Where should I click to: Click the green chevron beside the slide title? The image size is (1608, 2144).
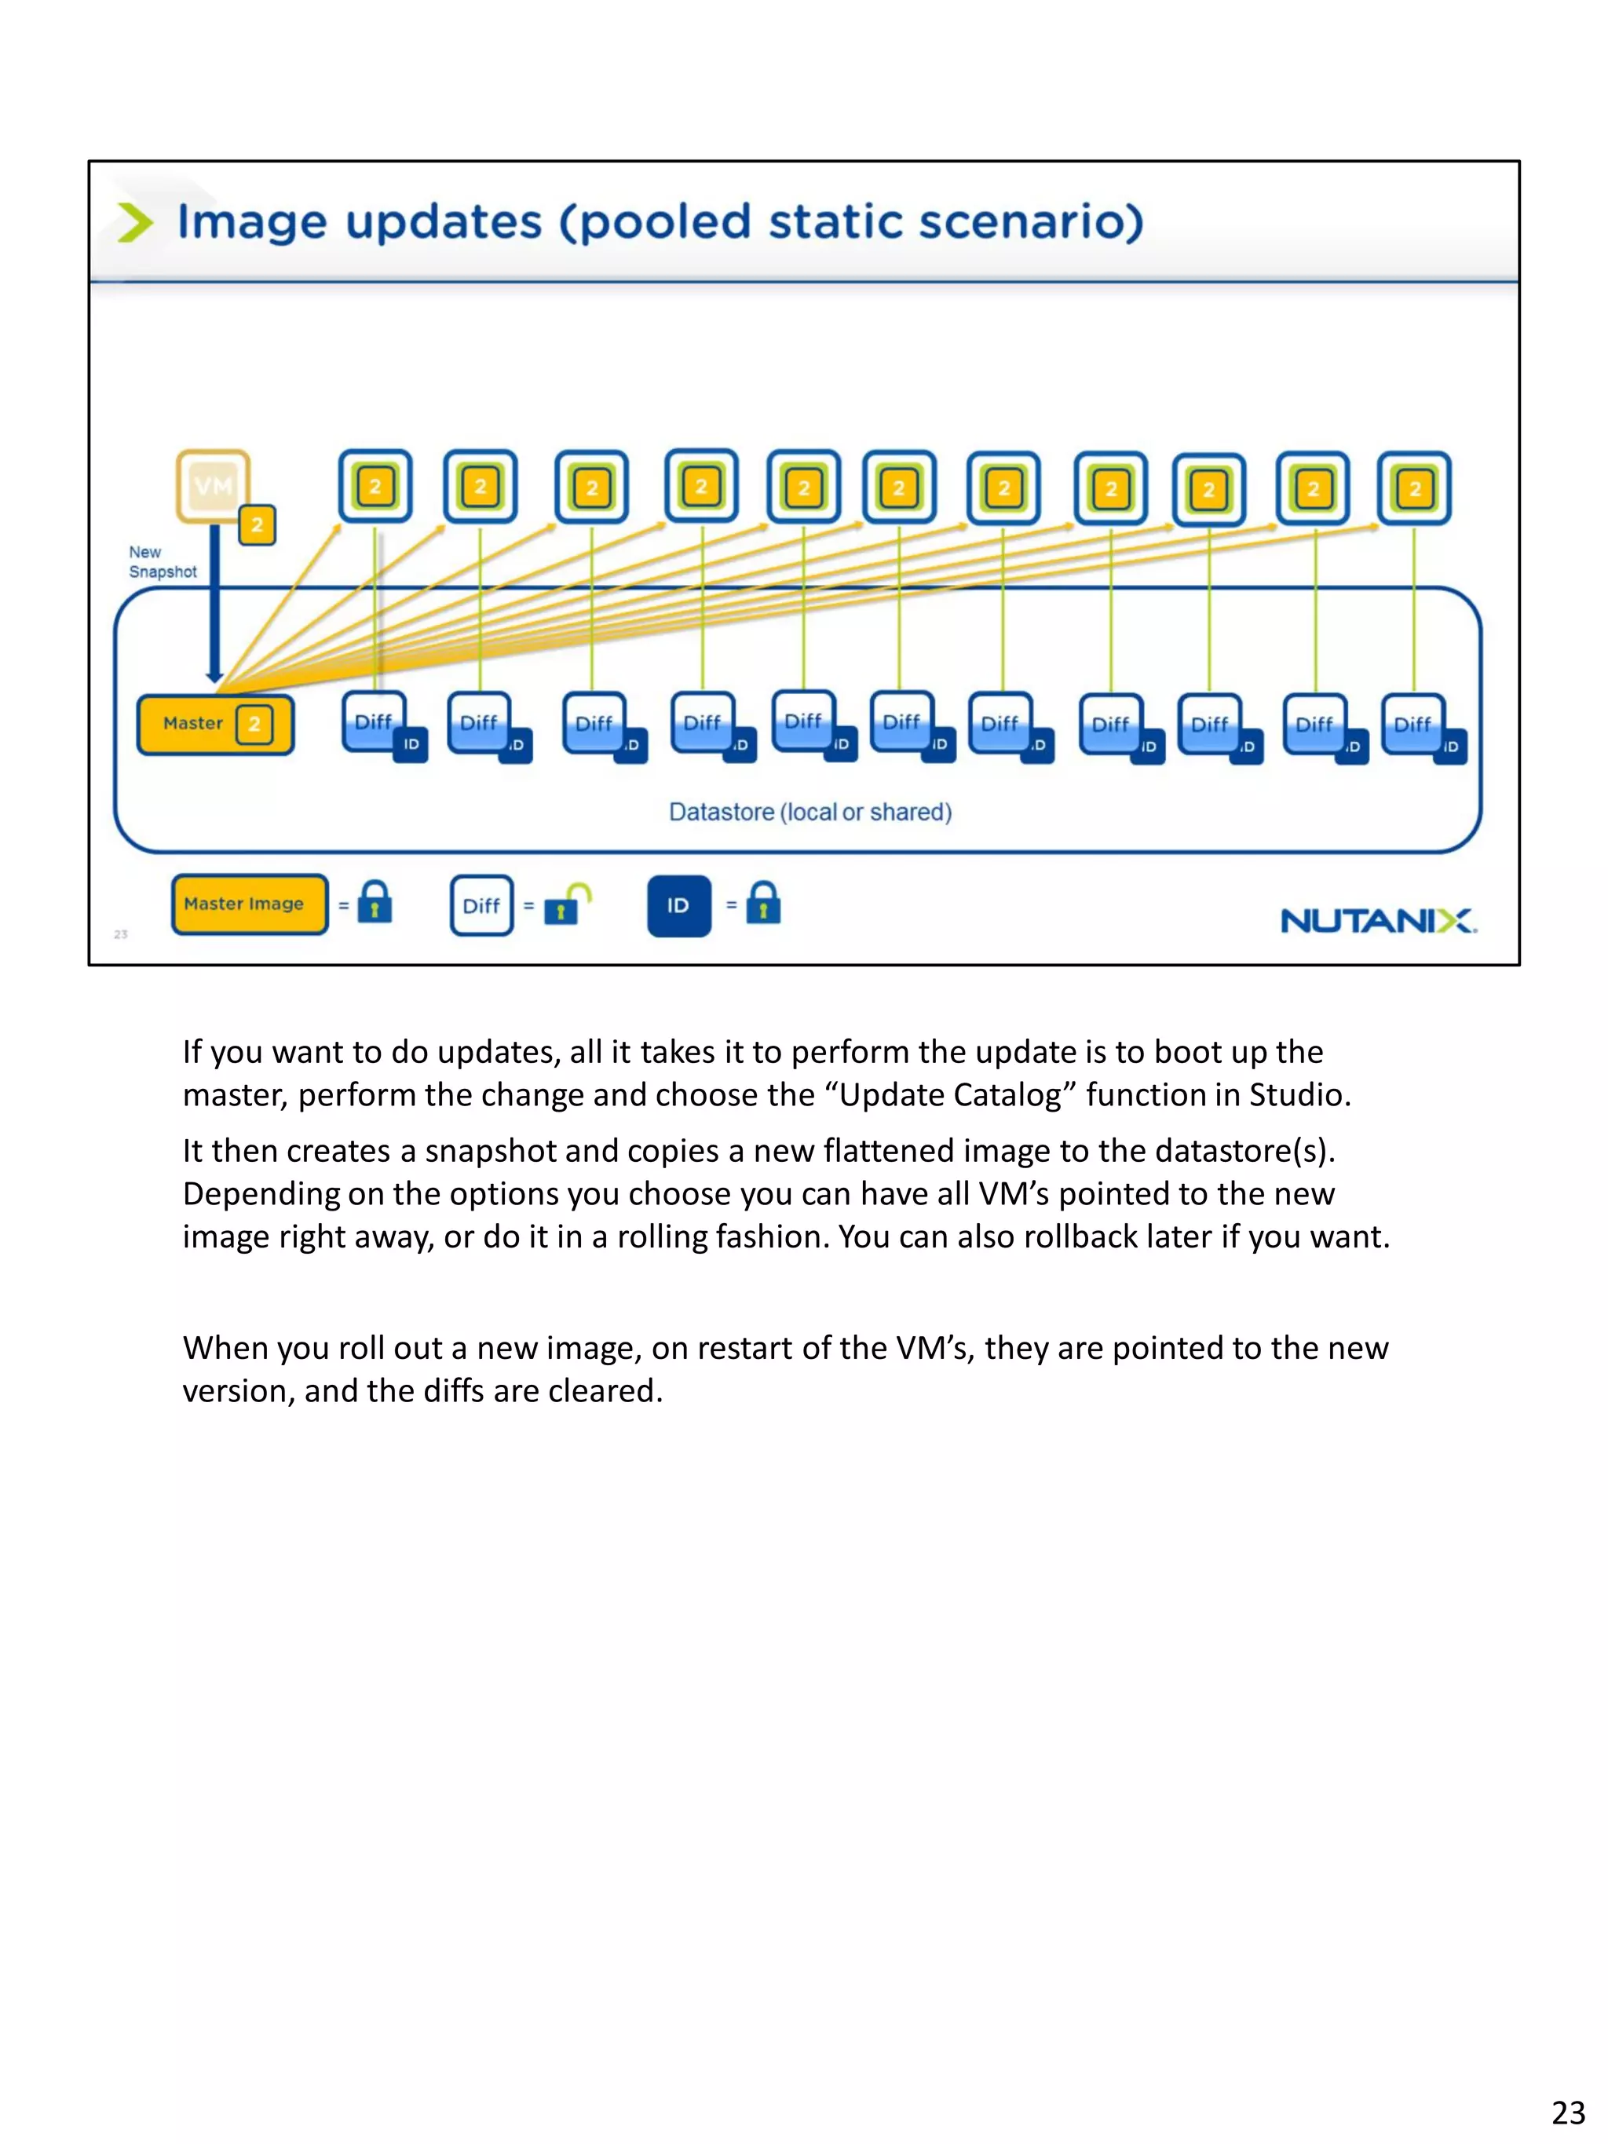click(x=135, y=222)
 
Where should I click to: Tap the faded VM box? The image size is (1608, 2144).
click(x=212, y=486)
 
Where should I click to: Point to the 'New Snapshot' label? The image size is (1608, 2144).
click(x=162, y=562)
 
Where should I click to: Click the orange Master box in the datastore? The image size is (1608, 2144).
click(x=214, y=724)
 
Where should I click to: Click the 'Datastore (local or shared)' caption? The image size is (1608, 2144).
click(x=810, y=813)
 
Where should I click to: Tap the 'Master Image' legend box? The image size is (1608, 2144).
click(x=249, y=904)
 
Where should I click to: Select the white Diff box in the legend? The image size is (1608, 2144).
click(x=482, y=906)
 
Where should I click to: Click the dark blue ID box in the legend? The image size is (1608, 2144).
click(x=678, y=906)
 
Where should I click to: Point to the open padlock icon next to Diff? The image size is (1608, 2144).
click(x=566, y=904)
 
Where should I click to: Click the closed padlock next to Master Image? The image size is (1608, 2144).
click(x=375, y=904)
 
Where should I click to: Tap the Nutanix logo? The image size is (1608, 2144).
click(x=1377, y=921)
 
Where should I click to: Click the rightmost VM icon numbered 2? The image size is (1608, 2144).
click(x=1414, y=488)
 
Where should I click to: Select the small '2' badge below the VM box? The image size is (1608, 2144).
click(x=257, y=525)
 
